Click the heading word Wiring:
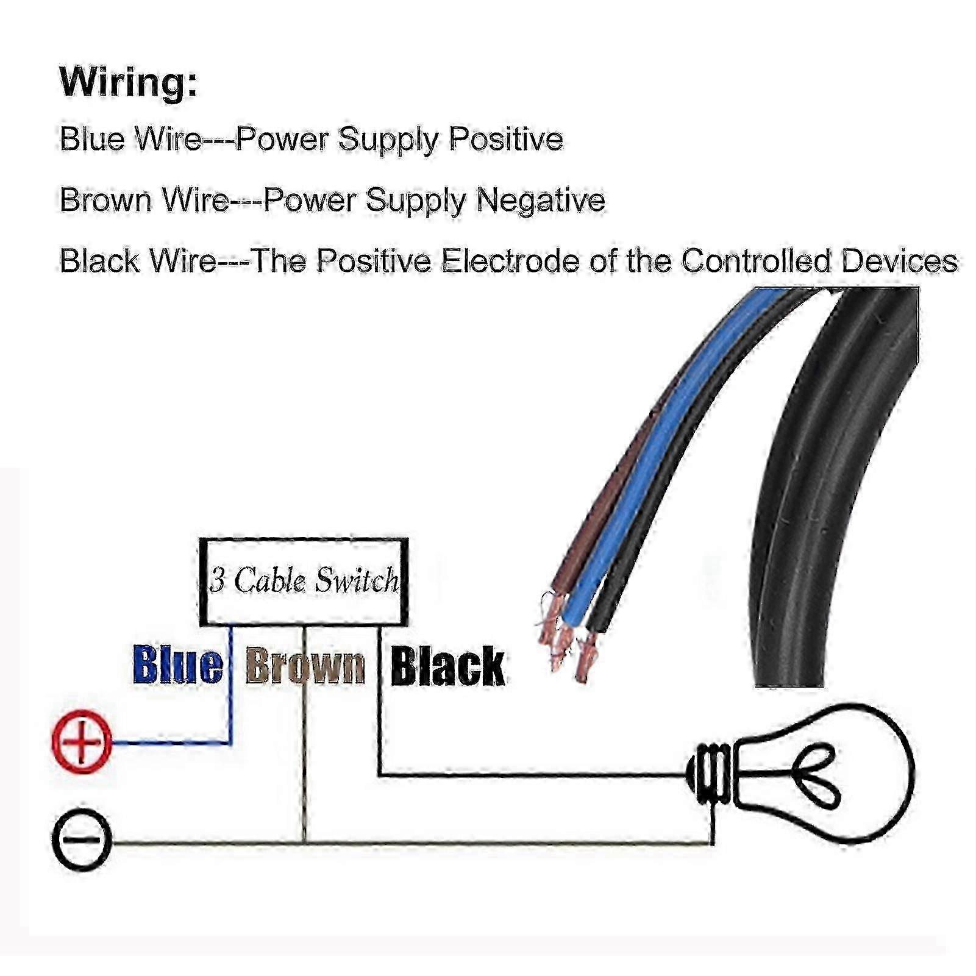[129, 82]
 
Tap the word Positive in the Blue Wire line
[505, 139]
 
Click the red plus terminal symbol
[82, 742]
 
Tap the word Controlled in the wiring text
[756, 261]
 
